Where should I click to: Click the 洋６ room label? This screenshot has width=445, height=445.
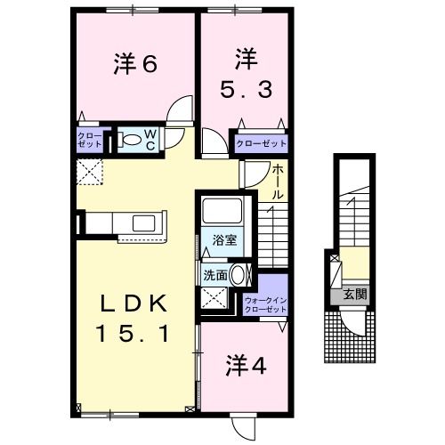(135, 64)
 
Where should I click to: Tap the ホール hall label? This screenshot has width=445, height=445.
(278, 182)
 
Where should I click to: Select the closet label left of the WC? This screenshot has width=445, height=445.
(90, 139)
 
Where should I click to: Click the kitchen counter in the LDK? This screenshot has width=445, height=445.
(133, 223)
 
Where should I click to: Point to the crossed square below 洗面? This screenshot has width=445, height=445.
(211, 299)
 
